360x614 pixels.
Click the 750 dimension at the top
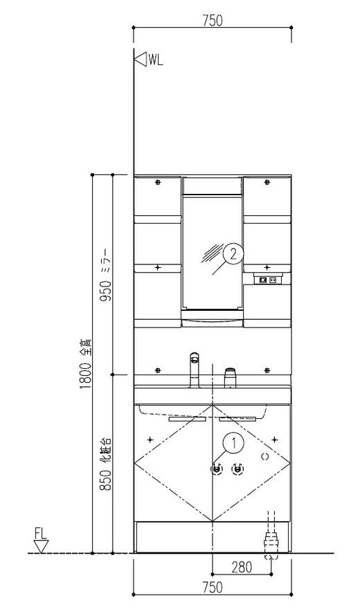(213, 20)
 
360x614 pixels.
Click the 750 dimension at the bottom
(213, 587)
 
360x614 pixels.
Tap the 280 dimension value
(242, 567)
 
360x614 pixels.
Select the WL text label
(155, 60)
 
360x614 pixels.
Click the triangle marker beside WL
(141, 60)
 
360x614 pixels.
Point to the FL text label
(40, 533)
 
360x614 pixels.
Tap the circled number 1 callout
(234, 443)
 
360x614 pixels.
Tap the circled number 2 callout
(233, 255)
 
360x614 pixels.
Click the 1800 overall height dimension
(86, 364)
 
